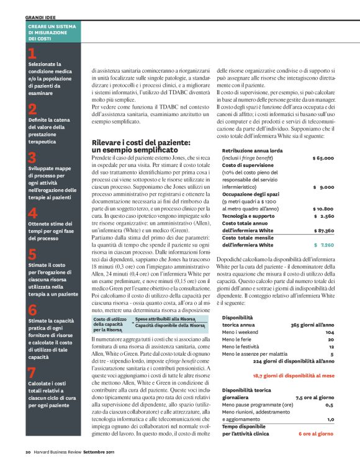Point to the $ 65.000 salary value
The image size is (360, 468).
point(323,158)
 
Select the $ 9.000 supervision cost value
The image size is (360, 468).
point(324,186)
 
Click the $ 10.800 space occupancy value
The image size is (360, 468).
point(323,209)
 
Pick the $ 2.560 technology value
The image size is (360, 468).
point(324,216)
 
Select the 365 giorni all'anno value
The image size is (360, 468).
point(313,325)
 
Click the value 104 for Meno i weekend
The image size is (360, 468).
point(330,332)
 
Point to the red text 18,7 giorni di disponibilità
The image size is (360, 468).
point(293,376)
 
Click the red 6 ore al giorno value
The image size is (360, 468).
point(317,434)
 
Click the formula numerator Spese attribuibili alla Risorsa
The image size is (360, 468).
point(169,318)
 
